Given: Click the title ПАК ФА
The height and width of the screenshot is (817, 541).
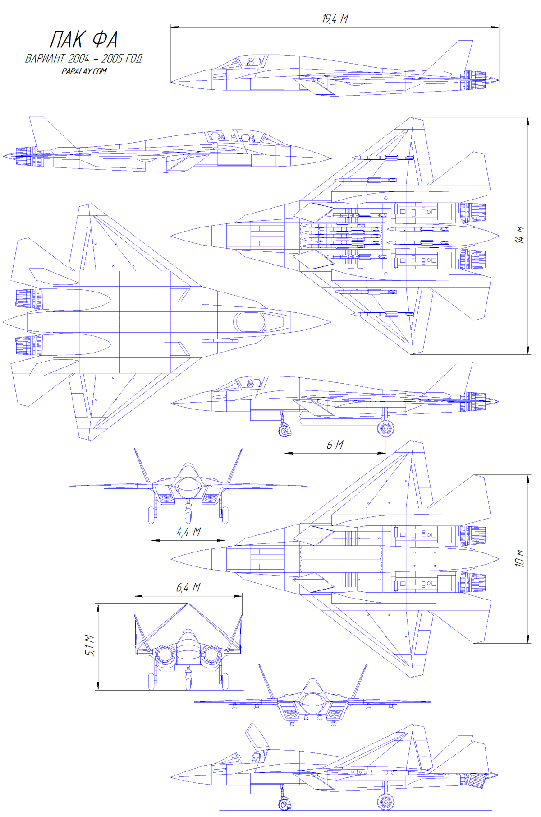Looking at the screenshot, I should click(x=84, y=40).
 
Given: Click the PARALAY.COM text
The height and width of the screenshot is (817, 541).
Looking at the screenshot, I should click(x=84, y=71).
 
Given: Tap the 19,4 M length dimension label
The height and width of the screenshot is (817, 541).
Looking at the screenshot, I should click(x=335, y=19).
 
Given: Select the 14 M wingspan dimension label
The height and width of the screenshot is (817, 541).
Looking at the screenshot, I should click(x=520, y=235).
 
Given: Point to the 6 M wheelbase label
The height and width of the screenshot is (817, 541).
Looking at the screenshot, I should click(x=335, y=445).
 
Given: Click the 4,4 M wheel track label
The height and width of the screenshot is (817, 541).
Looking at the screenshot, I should click(x=188, y=532).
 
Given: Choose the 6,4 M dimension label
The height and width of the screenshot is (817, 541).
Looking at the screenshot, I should click(x=188, y=587).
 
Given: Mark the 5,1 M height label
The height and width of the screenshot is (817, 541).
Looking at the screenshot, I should click(x=90, y=645).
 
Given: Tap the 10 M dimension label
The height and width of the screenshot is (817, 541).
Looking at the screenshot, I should click(x=520, y=558).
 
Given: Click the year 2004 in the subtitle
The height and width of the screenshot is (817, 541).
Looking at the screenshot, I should click(x=78, y=59).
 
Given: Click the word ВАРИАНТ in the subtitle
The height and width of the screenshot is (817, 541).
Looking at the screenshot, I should click(x=45, y=59).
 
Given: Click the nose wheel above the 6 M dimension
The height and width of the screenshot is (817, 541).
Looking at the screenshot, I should click(x=284, y=432).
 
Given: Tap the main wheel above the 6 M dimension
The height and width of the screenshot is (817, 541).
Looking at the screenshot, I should click(x=385, y=428).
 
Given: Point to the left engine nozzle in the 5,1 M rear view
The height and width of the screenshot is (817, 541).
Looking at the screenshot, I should click(x=165, y=655).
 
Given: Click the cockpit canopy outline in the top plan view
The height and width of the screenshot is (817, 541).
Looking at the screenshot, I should click(x=250, y=321).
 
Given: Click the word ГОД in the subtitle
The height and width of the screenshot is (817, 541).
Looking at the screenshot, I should click(x=133, y=59).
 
